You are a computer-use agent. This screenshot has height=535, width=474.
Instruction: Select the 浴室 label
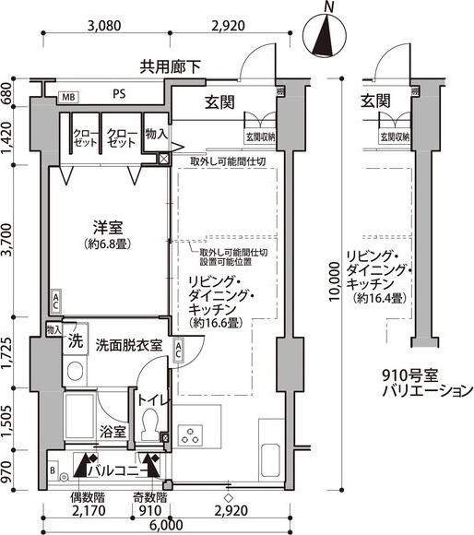tap(113, 432)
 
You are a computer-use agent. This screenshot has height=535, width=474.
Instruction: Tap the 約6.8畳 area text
tap(109, 244)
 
